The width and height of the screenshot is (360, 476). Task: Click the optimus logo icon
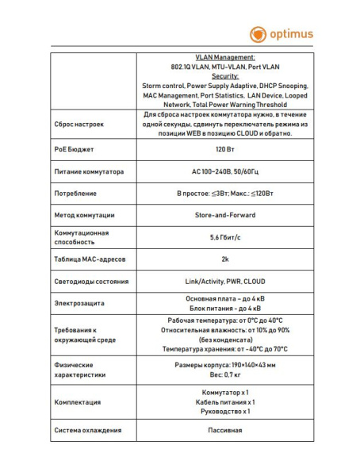pos(259,34)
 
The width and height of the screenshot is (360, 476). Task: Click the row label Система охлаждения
pos(87,431)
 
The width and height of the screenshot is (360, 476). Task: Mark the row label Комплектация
pos(77,402)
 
